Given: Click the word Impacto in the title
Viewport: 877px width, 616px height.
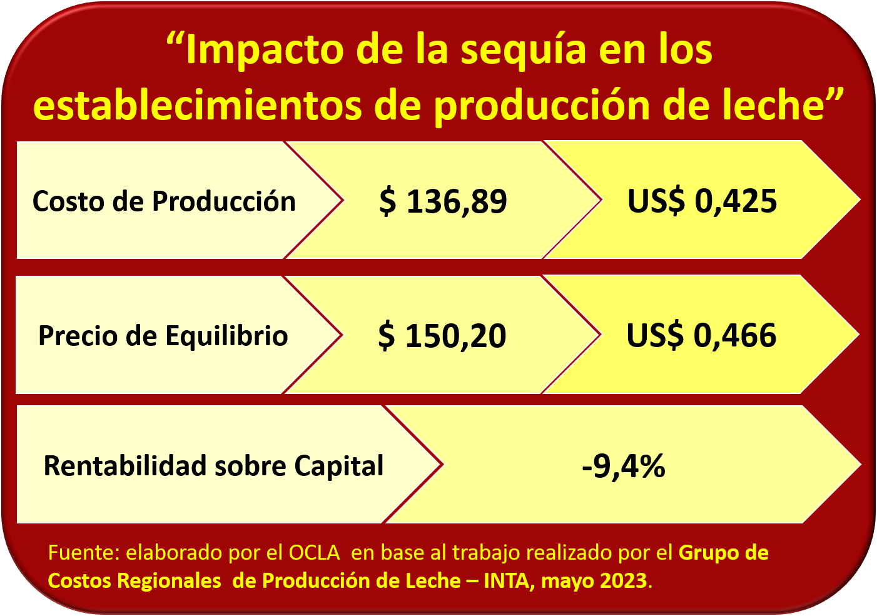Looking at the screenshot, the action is tap(265, 50).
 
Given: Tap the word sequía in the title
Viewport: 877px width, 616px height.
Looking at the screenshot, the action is tap(523, 51).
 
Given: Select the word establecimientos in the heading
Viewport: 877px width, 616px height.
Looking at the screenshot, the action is tap(198, 105).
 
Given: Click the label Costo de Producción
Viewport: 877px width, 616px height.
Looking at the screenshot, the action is tap(164, 201).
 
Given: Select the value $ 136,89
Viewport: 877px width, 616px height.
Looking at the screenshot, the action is tap(443, 201).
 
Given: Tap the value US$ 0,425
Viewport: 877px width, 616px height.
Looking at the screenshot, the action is tap(702, 201).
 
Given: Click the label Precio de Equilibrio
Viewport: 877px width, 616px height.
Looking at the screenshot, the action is tap(163, 336).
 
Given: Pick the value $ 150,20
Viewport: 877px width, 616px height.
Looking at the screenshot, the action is tap(442, 336).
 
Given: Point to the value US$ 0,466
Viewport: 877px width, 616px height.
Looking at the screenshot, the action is tap(701, 335).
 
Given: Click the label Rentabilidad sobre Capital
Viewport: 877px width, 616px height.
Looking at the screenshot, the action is tap(213, 466).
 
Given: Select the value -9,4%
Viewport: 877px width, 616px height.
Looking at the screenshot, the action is tap(623, 466).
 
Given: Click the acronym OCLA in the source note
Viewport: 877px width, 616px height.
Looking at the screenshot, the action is tap(314, 553).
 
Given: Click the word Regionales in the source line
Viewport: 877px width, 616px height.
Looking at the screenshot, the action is tap(169, 581).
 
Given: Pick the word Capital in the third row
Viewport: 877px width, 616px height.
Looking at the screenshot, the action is tap(338, 466).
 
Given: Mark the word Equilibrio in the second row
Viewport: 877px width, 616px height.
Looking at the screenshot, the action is tap(226, 336).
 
